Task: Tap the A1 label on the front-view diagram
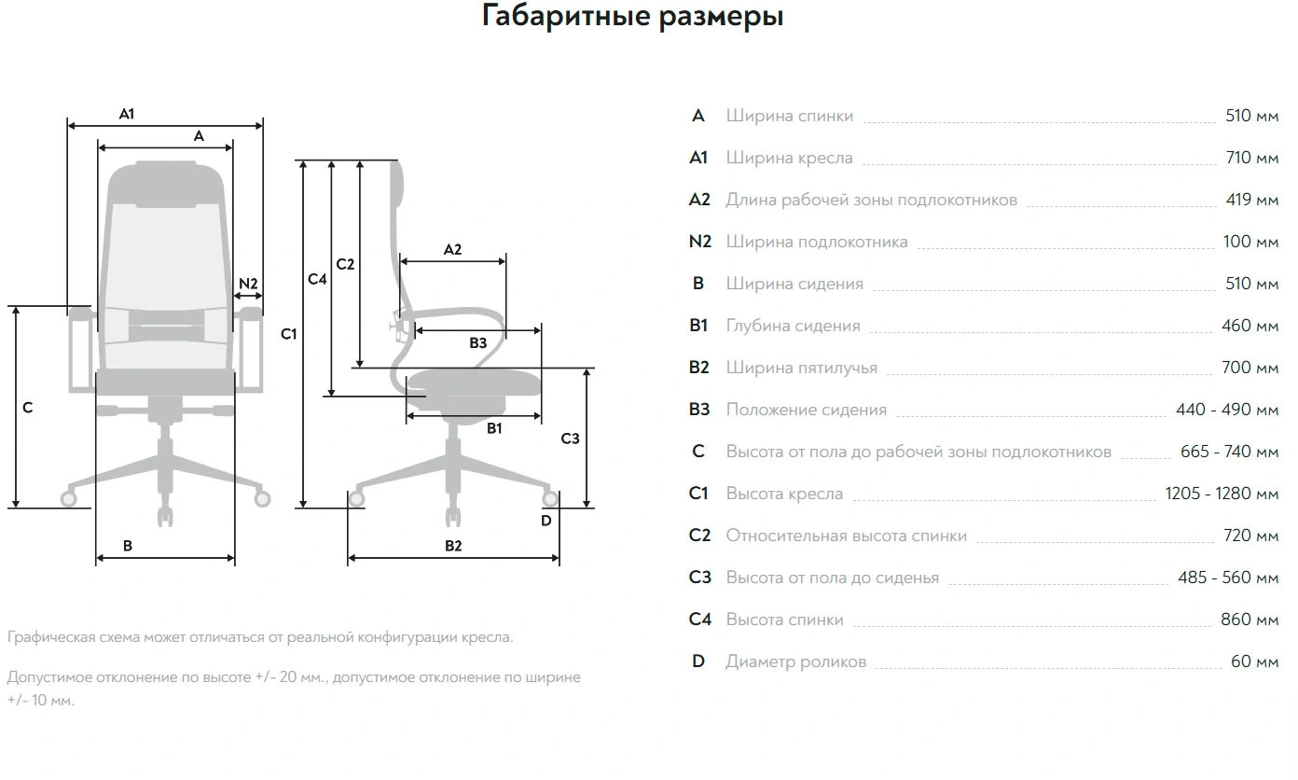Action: pos(127,114)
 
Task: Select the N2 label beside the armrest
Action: pos(248,284)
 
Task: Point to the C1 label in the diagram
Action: pos(289,333)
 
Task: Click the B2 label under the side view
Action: pos(453,546)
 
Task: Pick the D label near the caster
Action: pos(546,521)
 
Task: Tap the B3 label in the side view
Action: pos(478,343)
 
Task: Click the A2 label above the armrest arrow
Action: pos(452,249)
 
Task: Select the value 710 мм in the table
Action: pos(1251,158)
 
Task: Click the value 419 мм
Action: pos(1251,200)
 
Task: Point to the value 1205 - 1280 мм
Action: pos(1222,494)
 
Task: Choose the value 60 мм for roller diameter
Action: pos(1254,662)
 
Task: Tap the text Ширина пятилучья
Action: pos(801,368)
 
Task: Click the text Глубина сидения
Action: pos(793,326)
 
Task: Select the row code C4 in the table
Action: pos(699,620)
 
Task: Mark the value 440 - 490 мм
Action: pos(1227,410)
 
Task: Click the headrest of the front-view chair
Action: pos(166,183)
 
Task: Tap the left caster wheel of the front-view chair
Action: pos(69,498)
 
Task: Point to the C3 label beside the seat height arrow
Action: pos(570,439)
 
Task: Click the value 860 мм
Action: pos(1250,620)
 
